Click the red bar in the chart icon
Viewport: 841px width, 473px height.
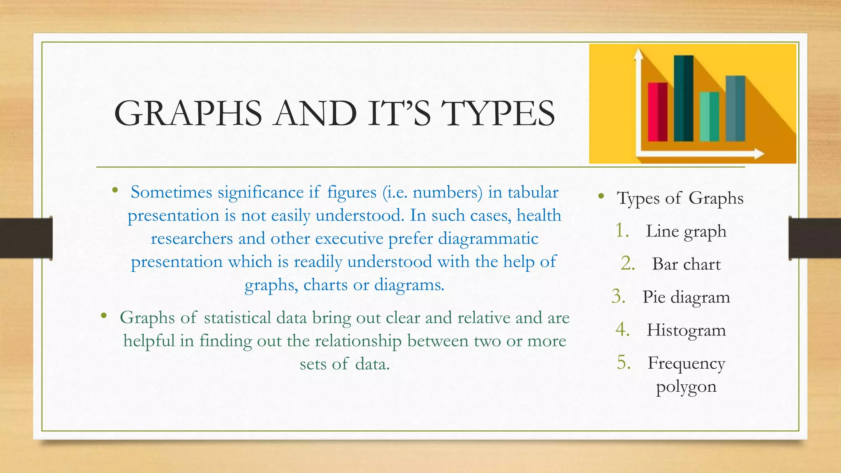(x=657, y=112)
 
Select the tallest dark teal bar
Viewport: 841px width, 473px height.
(x=683, y=99)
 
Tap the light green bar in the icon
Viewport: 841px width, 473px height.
(x=709, y=117)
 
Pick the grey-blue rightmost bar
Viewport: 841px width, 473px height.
(x=735, y=108)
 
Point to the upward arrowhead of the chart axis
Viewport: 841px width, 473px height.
(x=638, y=54)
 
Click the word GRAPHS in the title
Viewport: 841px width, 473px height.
(x=188, y=113)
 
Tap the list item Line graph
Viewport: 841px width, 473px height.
(x=686, y=231)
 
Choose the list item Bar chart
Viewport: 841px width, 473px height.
(x=686, y=264)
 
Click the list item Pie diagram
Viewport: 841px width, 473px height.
(x=686, y=297)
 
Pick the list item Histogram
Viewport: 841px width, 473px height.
(x=686, y=330)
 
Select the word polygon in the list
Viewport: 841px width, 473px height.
(x=686, y=386)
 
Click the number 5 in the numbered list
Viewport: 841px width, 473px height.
(x=623, y=363)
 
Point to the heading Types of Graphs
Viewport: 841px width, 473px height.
(x=680, y=198)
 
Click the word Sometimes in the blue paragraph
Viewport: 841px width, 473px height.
(x=171, y=193)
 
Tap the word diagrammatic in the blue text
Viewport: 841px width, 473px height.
(x=488, y=239)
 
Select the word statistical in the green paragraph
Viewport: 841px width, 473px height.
(x=237, y=318)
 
